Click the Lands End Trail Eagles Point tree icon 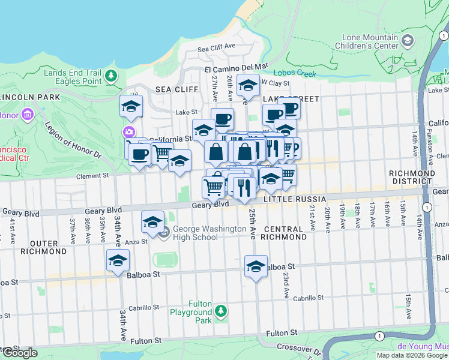click(x=110, y=76)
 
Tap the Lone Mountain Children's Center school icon click(x=408, y=41)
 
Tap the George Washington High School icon click(x=164, y=232)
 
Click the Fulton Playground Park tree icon click(x=221, y=311)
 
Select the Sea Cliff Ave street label click(x=215, y=48)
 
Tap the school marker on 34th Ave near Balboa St click(x=118, y=261)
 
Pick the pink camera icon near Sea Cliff click(x=128, y=132)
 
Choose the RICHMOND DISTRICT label click(x=412, y=177)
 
